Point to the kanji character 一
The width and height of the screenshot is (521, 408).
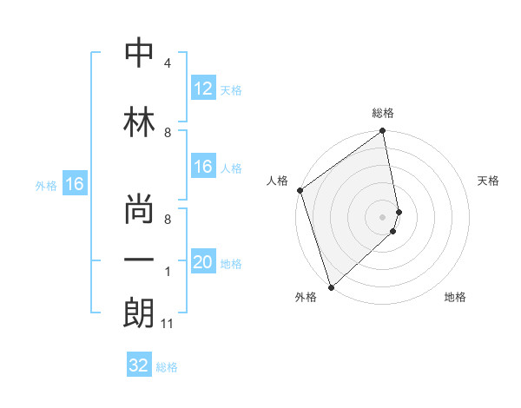coord(140,260)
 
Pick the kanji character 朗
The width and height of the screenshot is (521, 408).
coord(140,313)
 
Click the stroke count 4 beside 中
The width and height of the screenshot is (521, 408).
coord(167,63)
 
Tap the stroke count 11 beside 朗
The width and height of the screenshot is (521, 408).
coord(167,324)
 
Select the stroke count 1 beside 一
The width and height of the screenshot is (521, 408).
coord(167,272)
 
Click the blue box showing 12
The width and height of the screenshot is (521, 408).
coord(203,89)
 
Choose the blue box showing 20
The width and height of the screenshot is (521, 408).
coord(203,262)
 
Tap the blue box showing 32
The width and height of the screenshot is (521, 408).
coord(139,365)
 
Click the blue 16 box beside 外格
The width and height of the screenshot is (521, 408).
coord(74,184)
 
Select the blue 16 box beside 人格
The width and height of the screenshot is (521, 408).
coord(203,168)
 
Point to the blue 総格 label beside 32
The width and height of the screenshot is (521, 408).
coord(167,367)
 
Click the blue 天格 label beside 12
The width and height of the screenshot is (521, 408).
coord(231,90)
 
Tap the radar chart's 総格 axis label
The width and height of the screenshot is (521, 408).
coord(383,113)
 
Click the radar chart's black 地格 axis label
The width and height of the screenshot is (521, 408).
coord(455,297)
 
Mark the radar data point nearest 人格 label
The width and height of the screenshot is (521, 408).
coord(300,190)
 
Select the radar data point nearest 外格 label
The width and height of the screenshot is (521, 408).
coord(330,286)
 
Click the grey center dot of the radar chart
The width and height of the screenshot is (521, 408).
coord(383,216)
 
